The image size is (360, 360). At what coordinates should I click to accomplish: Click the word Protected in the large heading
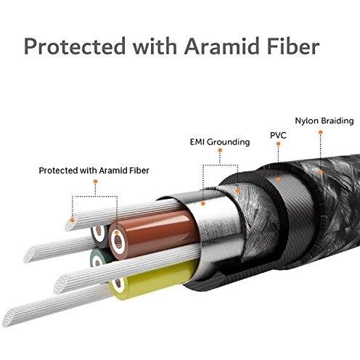coord(75,46)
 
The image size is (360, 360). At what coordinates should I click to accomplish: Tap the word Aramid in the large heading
coord(222,46)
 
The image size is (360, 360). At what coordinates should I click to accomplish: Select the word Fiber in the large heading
coord(293,46)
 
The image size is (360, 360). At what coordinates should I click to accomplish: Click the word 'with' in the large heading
coord(155,46)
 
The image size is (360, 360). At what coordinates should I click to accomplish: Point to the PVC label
coord(278,135)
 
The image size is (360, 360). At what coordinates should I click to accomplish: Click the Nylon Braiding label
coord(324,121)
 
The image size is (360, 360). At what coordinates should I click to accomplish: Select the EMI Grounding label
coord(220,142)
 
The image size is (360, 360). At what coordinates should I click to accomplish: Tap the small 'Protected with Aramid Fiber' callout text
coord(94,171)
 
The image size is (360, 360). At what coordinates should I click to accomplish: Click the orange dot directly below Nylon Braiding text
coord(321,132)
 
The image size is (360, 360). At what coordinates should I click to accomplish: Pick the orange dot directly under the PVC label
coord(278,144)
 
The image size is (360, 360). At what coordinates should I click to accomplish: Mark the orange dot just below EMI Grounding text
coord(220,150)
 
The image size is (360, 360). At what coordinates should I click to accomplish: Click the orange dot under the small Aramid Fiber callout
coord(95,181)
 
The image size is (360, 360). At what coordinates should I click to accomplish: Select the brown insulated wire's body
coord(154,234)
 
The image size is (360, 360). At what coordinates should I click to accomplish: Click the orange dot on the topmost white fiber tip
coord(72,220)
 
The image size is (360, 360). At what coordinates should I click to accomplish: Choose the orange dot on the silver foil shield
coord(203,204)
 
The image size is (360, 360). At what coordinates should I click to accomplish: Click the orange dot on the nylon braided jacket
coord(321,172)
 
